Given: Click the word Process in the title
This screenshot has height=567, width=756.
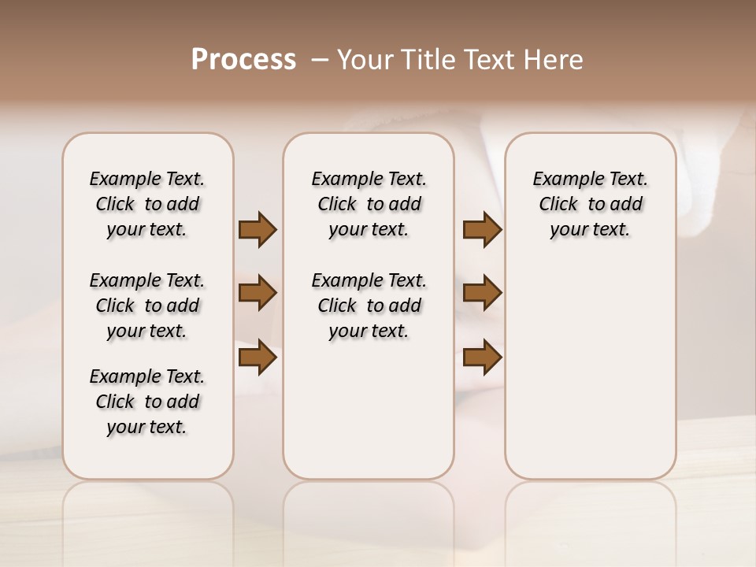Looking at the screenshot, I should coord(243,59).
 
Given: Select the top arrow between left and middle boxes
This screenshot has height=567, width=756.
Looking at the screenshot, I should coord(258,230).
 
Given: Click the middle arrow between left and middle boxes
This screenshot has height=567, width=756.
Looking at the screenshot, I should coord(258,293).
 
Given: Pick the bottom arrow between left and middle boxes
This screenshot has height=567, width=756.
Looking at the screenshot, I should coord(258,357).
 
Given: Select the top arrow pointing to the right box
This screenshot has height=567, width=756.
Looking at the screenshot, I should coord(482,230).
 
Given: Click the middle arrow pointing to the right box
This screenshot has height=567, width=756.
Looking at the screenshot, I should coord(482,293).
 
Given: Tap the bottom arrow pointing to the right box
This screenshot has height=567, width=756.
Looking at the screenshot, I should coord(482,357).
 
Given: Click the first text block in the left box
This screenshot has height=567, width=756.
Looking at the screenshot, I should coord(147,204).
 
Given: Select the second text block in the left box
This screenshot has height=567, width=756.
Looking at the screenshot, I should coord(147,306).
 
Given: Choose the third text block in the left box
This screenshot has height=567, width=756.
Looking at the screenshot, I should coord(147,402).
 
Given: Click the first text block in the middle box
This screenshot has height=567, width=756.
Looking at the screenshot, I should coord(369,204).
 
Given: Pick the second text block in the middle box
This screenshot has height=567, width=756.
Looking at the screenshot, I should coord(369,306).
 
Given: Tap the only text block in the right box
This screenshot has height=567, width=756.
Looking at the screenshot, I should coord(590,204).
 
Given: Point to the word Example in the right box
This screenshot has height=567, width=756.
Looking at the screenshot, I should coord(561,180).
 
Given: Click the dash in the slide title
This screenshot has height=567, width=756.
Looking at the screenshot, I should coord(321,59).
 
